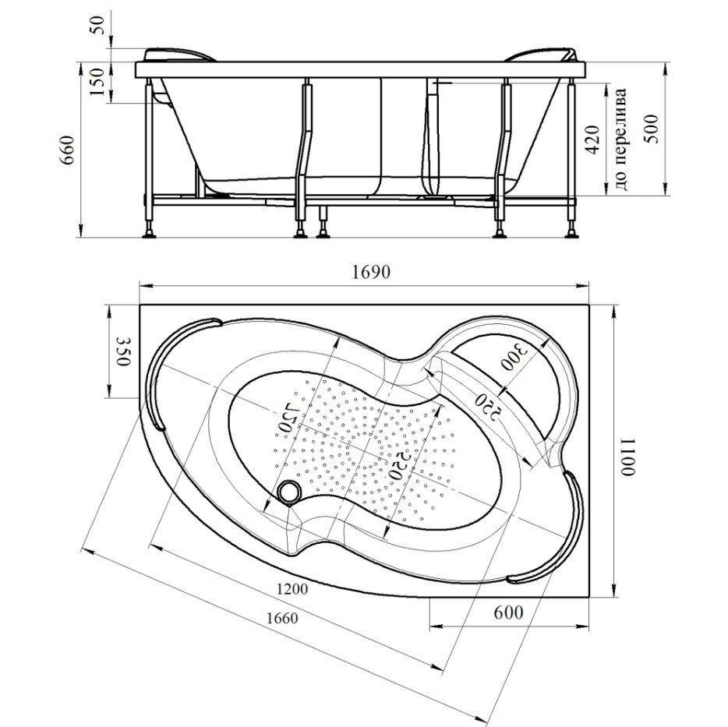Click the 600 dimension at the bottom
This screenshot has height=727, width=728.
[507, 612]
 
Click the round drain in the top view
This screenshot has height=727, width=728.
[290, 492]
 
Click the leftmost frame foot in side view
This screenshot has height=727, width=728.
[148, 231]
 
